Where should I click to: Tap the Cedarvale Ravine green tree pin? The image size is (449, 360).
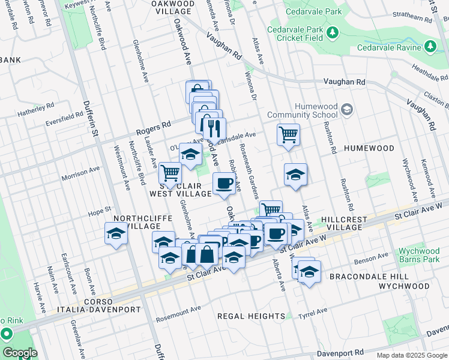pos(430,46)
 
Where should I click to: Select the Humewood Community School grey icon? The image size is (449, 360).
pos(346,109)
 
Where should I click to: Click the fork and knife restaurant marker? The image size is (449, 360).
pos(214,128)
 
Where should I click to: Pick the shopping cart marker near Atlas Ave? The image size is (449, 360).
pos(288,134)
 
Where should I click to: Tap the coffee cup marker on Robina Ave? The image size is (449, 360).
pos(224,184)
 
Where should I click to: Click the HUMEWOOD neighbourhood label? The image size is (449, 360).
pos(369,148)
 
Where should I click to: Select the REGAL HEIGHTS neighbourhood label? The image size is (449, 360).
pos(251,316)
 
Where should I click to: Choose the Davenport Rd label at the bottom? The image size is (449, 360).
pos(360,353)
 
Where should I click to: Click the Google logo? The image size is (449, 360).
pos(19,353)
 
